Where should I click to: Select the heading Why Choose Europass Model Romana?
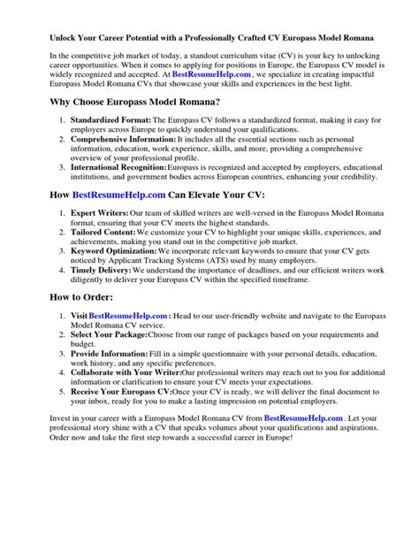coord(141,126)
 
